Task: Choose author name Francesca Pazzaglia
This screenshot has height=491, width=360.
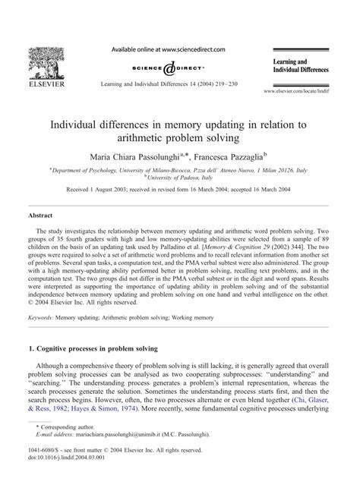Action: click(x=232, y=155)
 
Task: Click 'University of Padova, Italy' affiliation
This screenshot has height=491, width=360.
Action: click(x=180, y=179)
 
